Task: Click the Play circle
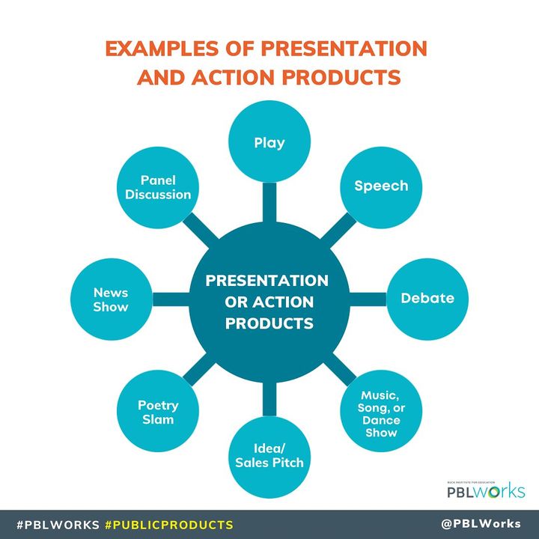[269, 142]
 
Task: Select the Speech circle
[381, 186]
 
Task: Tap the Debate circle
[427, 298]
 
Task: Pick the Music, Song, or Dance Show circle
[380, 412]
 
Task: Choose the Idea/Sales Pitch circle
[269, 457]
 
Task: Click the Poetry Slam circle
[157, 412]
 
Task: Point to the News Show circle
[111, 300]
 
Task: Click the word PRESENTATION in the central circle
[267, 281]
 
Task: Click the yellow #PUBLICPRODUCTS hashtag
[169, 524]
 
